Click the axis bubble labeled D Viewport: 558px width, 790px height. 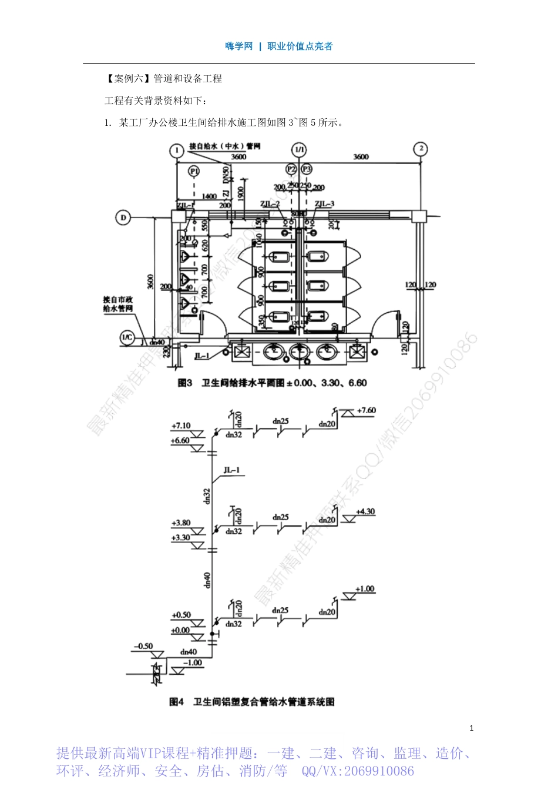(x=123, y=218)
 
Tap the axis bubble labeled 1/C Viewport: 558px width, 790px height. (x=127, y=337)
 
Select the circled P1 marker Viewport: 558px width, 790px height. (x=194, y=171)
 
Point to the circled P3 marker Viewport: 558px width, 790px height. (x=307, y=169)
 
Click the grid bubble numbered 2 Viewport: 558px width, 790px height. (x=421, y=149)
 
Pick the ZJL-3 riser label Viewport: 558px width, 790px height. (x=324, y=204)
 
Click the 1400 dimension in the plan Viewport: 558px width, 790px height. (x=209, y=197)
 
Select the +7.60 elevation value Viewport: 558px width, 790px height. (x=367, y=410)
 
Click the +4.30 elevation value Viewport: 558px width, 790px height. (x=365, y=511)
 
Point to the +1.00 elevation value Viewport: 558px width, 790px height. (x=365, y=589)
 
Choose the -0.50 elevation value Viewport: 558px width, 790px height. (x=143, y=646)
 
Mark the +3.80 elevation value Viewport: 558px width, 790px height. (x=181, y=523)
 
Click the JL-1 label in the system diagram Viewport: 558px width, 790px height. (x=231, y=470)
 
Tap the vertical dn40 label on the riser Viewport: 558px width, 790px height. (x=207, y=580)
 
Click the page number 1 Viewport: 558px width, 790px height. (x=471, y=728)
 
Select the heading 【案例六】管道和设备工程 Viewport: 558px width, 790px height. (x=163, y=79)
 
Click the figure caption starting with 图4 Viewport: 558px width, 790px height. (x=252, y=702)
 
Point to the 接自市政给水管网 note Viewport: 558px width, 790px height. (x=118, y=304)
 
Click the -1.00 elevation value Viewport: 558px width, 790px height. (x=192, y=662)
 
